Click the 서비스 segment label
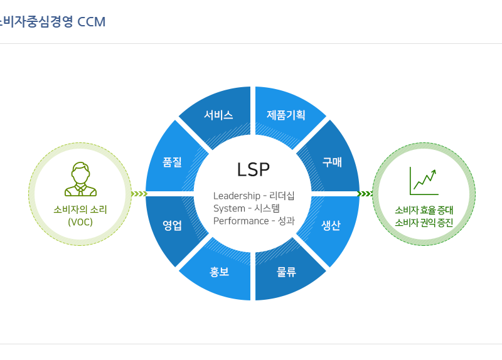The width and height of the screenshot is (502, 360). pos(218,115)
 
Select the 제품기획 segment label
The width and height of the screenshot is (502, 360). pos(286,115)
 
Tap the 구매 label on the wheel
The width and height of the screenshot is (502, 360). pos(332,162)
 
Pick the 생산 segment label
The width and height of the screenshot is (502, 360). pos(331,225)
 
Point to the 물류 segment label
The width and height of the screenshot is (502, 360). pos(286,272)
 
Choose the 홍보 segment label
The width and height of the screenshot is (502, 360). pos(219,272)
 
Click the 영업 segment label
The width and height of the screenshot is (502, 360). pos(172,225)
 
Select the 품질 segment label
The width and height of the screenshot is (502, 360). pos(172,162)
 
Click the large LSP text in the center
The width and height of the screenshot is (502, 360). pos(254,169)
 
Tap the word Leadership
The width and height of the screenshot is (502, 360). pos(237,196)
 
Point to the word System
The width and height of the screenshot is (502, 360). pos(229,209)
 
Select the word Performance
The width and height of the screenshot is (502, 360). pos(241,221)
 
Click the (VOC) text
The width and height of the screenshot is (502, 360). pos(80,222)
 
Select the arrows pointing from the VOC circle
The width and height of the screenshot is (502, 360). pos(139,194)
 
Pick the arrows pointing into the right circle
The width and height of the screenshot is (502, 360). pos(365,194)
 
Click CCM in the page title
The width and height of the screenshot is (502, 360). pos(91,22)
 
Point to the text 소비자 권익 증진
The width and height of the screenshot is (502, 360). pos(424,223)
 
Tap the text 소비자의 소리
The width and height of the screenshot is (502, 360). pos(80,209)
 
